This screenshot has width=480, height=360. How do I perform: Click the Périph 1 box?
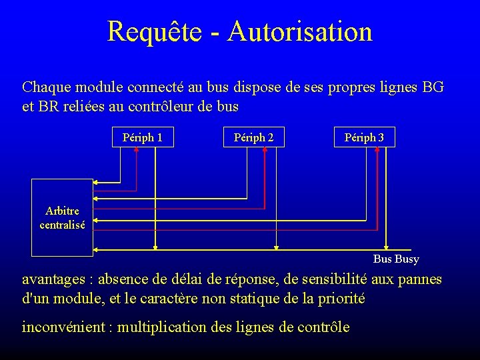tap(143, 137)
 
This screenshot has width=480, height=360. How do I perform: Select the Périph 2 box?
tap(253, 137)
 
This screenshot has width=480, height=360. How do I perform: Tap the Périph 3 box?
tap(364, 137)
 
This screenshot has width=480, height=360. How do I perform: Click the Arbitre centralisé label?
tap(62, 218)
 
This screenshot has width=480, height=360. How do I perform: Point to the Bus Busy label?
tap(396, 259)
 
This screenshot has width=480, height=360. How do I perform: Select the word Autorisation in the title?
tap(299, 31)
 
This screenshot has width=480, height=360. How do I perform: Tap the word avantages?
tap(53, 279)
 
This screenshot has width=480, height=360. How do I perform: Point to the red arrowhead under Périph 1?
tap(137, 149)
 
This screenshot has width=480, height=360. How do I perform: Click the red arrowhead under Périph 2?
tap(265, 149)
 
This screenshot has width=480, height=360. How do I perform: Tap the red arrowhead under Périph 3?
tap(377, 149)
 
